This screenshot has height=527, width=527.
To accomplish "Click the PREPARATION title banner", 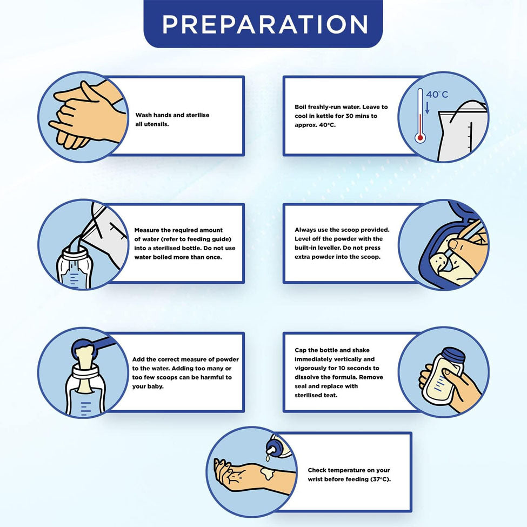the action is coord(263,24).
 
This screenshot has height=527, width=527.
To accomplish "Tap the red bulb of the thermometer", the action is coord(420,137).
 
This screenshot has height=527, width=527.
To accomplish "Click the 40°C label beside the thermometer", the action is coord(437,95).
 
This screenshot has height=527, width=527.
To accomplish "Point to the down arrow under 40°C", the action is coord(428,108).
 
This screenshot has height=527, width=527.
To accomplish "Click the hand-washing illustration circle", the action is coord(83,117).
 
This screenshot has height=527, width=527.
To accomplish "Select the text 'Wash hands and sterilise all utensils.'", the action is coord(172,119).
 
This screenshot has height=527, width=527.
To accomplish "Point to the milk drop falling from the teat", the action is coord(268,458).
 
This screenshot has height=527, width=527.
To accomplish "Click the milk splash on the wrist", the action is coord(268,474).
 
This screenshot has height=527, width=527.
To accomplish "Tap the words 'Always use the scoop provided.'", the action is coord(342,230).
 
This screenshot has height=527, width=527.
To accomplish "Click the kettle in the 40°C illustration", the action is coord(463,131).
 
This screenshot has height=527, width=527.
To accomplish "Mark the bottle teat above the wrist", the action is coord(271,449).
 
